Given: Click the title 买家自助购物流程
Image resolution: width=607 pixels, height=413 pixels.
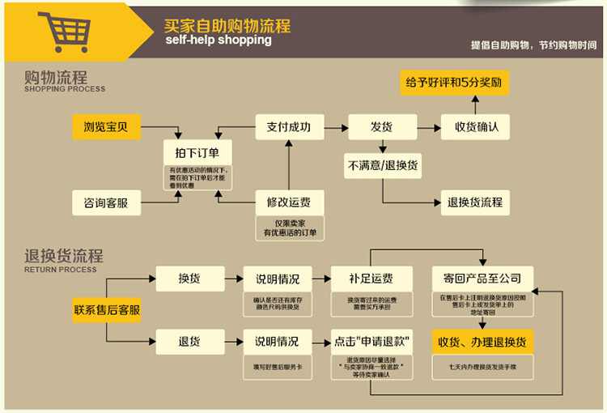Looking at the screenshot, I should point(227,25).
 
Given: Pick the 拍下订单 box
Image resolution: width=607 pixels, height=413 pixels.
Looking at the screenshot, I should point(197,152).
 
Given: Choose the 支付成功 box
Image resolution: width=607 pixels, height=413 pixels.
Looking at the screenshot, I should point(288,126).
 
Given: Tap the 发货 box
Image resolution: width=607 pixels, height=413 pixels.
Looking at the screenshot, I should point(381,126).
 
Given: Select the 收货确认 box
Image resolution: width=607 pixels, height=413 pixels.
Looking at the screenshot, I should point(476,126).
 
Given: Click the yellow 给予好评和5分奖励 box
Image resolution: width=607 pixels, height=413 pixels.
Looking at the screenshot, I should point(456,83).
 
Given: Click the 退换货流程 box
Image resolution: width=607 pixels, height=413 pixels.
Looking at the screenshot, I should point(476,202).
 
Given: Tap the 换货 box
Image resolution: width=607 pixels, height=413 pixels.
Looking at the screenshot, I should point(189,279).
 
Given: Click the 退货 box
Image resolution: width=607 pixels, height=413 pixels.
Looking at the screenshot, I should point(189,341).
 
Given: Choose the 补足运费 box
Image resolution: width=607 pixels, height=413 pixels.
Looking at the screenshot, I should point(371,279).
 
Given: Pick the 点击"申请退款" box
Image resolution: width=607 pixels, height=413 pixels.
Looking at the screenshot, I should point(371,341).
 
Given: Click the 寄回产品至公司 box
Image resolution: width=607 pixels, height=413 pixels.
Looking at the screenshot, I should point(482,279).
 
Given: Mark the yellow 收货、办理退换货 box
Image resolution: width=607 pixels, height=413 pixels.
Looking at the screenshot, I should point(482,341).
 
